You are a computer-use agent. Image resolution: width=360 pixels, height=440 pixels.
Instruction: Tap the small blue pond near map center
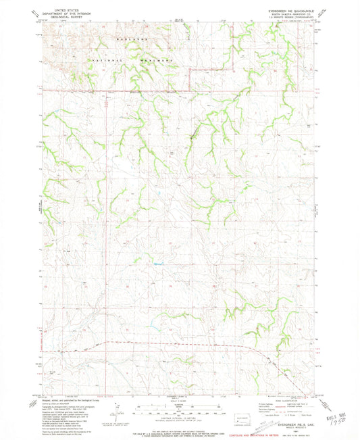[159, 263]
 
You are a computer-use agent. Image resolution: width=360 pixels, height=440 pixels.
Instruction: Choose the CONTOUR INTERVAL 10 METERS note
[180, 418]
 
